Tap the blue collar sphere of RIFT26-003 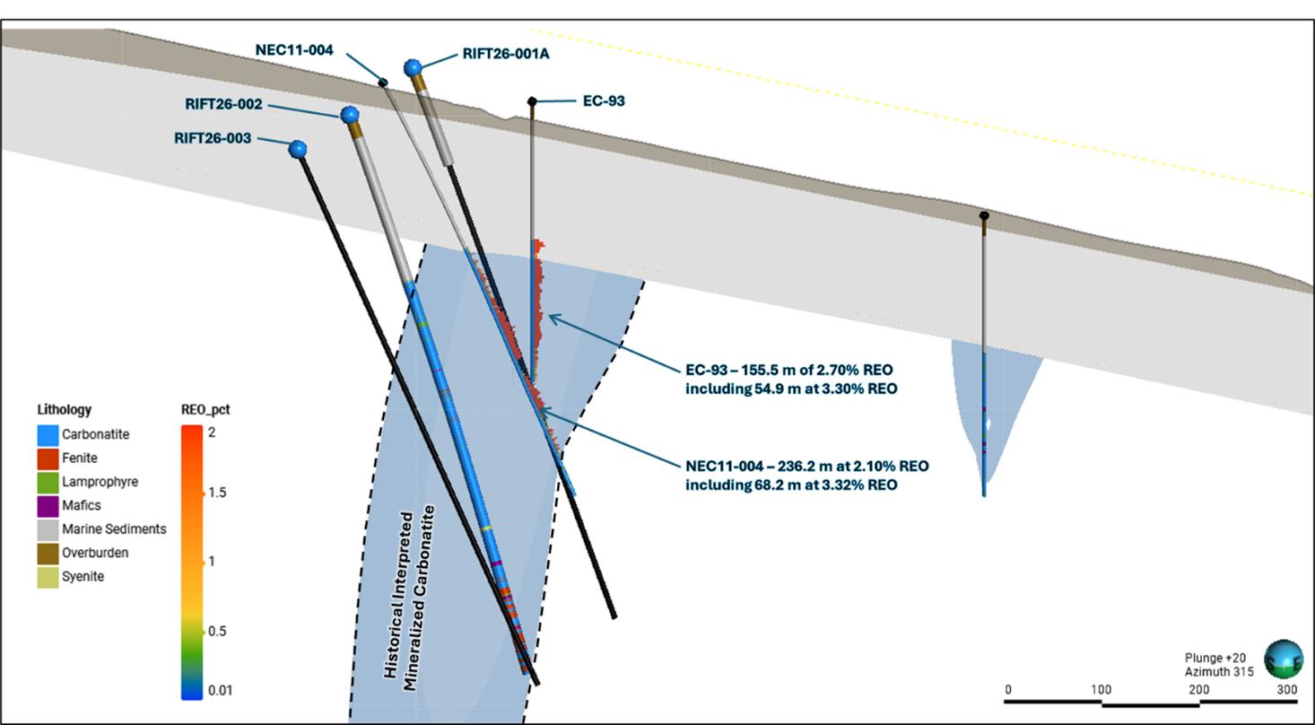click(298, 149)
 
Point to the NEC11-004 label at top click(294, 50)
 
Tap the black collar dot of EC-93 click(532, 100)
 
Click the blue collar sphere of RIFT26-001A click(413, 67)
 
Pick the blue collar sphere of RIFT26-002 click(349, 115)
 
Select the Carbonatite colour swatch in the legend click(48, 434)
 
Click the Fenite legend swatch click(48, 458)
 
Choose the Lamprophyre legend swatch click(48, 482)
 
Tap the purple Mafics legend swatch click(48, 505)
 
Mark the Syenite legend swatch click(48, 577)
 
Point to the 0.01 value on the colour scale click(220, 690)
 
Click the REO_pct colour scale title click(206, 409)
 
